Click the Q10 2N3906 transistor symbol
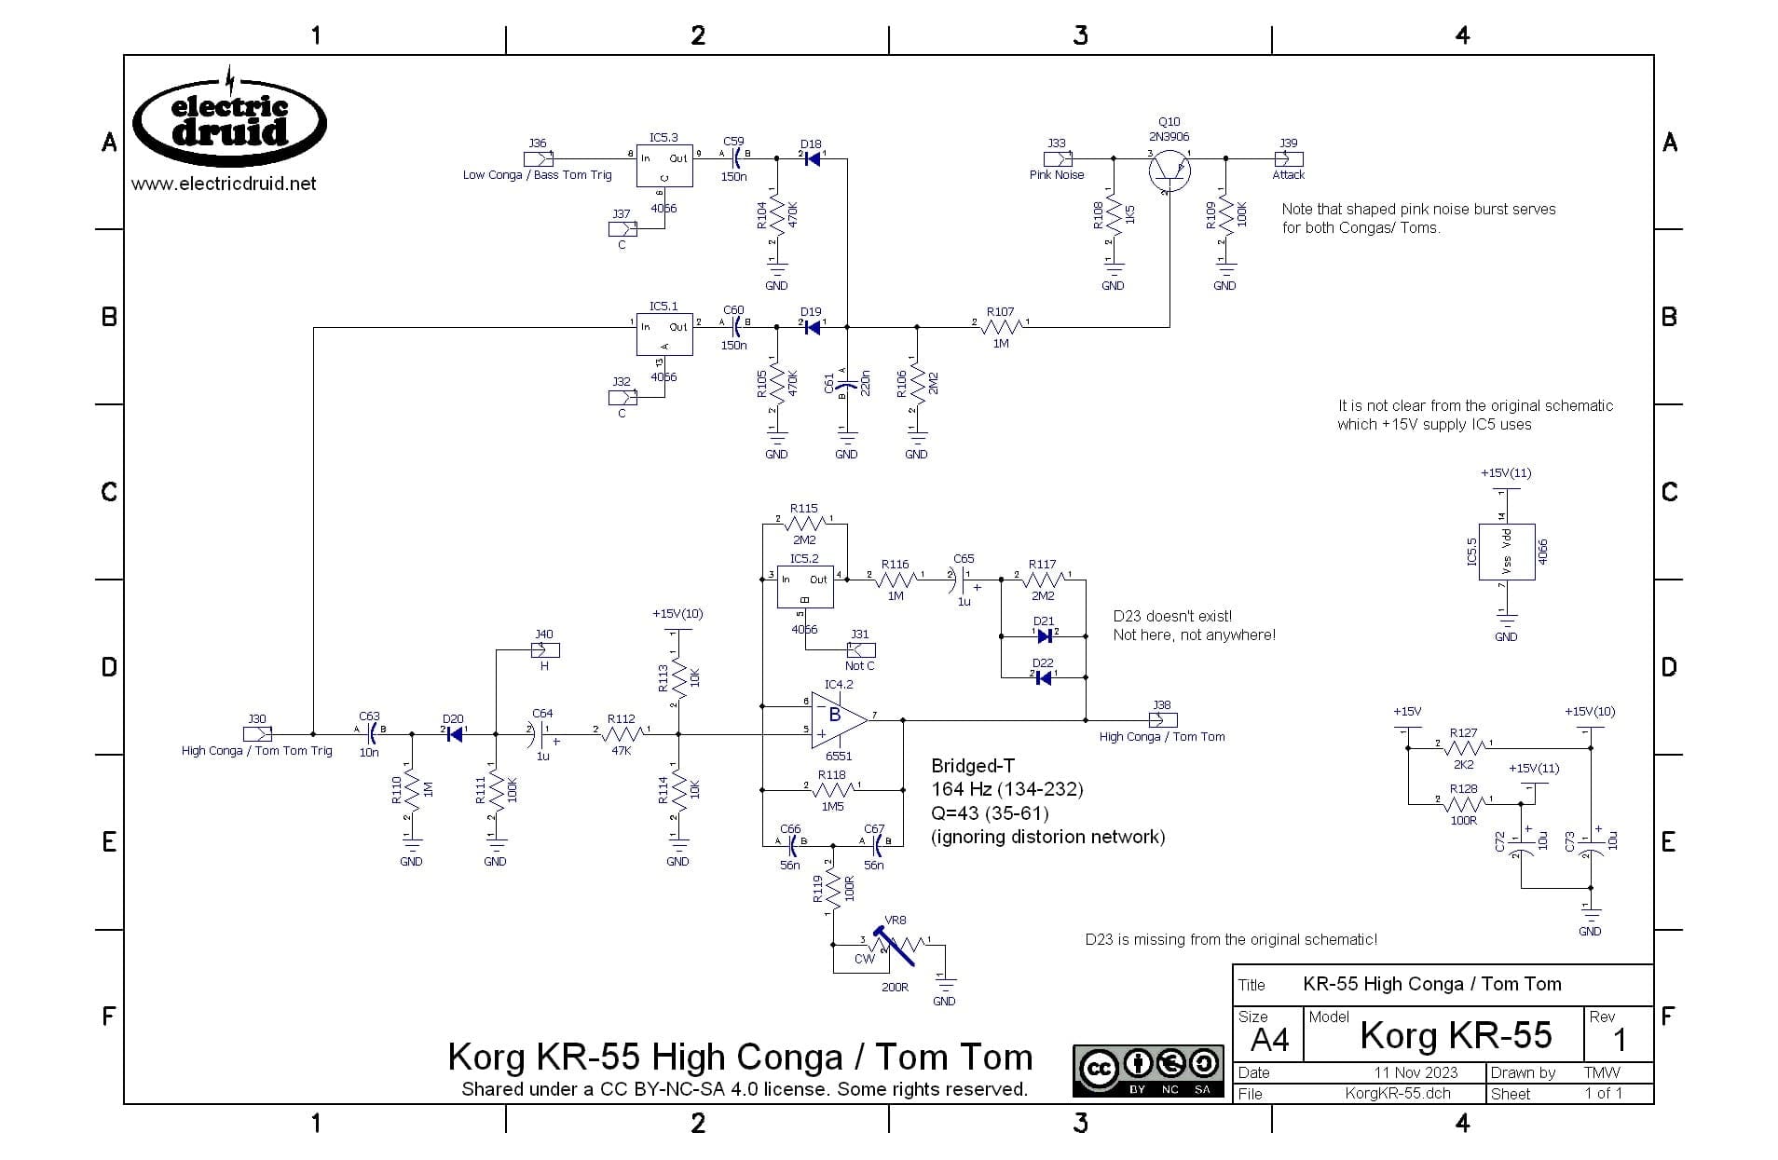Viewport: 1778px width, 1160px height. [x=1169, y=169]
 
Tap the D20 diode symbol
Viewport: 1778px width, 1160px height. [x=454, y=734]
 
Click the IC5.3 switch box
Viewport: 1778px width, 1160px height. [x=664, y=167]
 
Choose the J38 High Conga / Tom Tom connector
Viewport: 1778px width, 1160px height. [x=1163, y=719]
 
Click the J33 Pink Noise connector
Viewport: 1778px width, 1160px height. [x=1058, y=158]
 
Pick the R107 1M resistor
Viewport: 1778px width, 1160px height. [x=1001, y=327]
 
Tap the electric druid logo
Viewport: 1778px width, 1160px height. [x=230, y=123]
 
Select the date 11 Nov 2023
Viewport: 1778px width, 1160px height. [x=1415, y=1072]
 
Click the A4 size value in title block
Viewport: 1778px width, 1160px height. [x=1269, y=1040]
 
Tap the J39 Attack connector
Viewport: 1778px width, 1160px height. [x=1289, y=158]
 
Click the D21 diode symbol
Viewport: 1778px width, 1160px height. [x=1044, y=636]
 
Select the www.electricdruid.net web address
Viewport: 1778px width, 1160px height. [x=224, y=184]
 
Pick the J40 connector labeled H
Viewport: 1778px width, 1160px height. [x=544, y=649]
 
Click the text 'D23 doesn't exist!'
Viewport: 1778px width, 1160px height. [x=1172, y=616]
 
